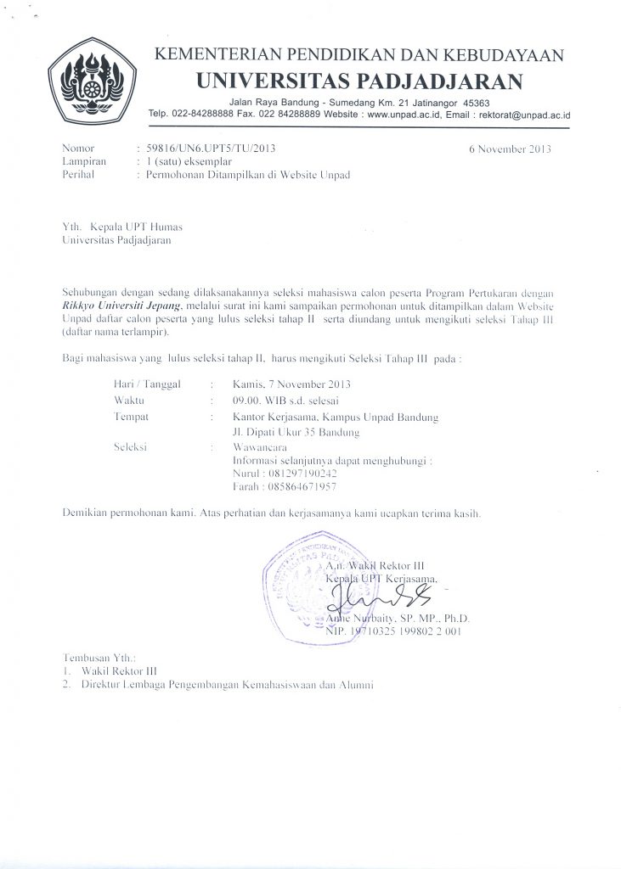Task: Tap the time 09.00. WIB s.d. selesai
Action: (286, 400)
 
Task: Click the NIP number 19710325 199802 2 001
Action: (408, 632)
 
